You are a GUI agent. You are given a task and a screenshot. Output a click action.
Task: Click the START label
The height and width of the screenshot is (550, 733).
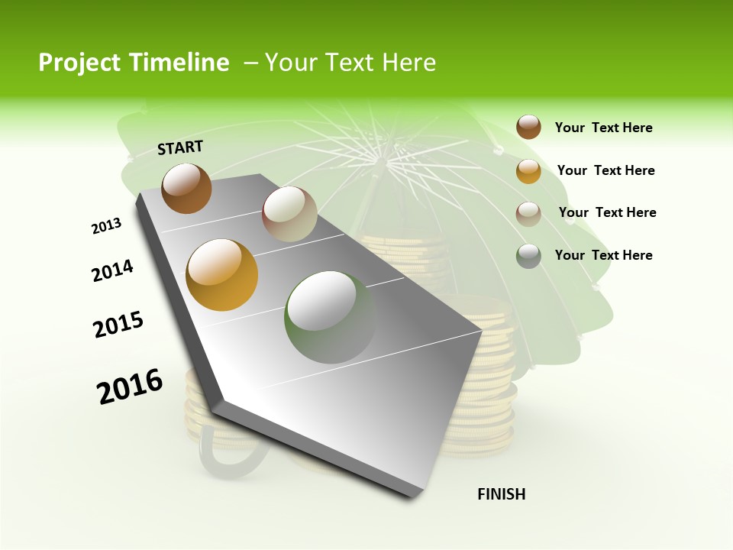pyautogui.click(x=180, y=147)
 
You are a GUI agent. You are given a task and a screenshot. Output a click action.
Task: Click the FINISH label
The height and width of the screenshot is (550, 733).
pyautogui.click(x=502, y=494)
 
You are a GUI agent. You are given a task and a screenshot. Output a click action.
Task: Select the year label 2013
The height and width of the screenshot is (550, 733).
pyautogui.click(x=106, y=226)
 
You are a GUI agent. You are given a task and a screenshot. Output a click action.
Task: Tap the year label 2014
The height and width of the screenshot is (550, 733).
pyautogui.click(x=112, y=271)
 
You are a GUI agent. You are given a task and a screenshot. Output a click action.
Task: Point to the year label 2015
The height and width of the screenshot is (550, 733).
pyautogui.click(x=118, y=325)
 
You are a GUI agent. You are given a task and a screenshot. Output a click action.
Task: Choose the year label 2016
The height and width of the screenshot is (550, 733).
pyautogui.click(x=130, y=386)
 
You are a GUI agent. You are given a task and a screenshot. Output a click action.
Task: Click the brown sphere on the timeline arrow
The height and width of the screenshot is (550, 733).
pyautogui.click(x=186, y=188)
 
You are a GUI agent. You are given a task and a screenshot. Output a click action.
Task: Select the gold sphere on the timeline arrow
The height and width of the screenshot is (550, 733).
pyautogui.click(x=222, y=275)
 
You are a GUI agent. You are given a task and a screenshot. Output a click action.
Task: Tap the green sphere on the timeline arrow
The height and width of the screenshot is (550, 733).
pyautogui.click(x=330, y=317)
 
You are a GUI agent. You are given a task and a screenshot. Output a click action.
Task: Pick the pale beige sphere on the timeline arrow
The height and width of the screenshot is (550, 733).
pyautogui.click(x=289, y=214)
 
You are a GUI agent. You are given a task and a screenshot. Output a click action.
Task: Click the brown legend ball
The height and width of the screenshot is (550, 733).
pyautogui.click(x=528, y=127)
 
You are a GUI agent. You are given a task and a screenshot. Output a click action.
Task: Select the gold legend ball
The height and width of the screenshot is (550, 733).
pyautogui.click(x=528, y=171)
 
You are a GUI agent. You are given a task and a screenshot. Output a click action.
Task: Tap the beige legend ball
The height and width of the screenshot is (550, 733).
pyautogui.click(x=528, y=213)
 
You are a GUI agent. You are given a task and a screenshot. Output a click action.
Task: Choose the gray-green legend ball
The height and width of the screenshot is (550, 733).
pyautogui.click(x=528, y=256)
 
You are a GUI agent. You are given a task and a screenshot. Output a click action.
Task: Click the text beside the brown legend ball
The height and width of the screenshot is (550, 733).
pyautogui.click(x=603, y=128)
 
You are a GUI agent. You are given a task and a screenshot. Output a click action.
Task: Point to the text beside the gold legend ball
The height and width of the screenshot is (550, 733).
pyautogui.click(x=605, y=170)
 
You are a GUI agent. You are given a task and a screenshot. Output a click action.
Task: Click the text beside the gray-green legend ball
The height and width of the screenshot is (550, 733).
pyautogui.click(x=603, y=255)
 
